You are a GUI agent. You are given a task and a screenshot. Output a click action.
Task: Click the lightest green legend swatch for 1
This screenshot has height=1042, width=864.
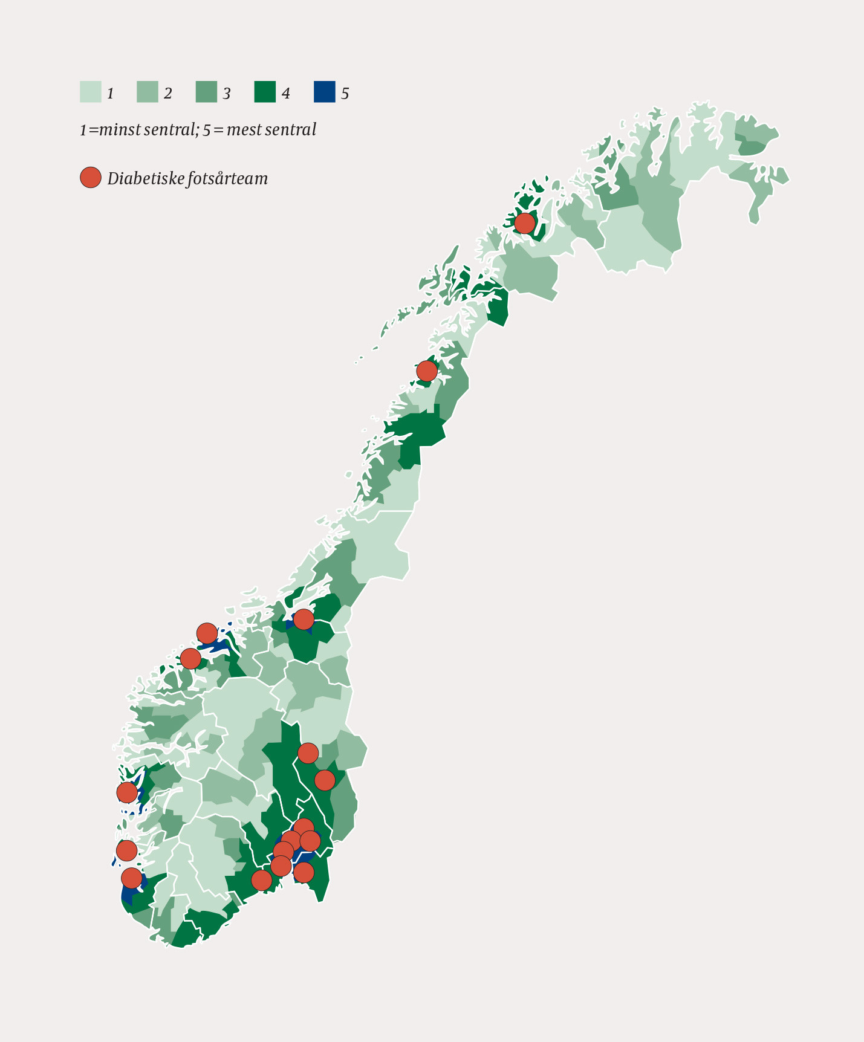pos(90,92)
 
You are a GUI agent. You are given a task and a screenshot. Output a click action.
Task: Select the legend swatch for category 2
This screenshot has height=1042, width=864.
pos(147,92)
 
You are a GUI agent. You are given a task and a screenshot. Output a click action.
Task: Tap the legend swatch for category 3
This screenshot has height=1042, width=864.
pos(206,92)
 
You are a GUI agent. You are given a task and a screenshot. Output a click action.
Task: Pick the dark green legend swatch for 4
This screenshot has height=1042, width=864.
pos(265,92)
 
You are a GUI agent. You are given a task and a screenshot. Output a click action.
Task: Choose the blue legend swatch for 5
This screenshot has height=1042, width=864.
pos(324,92)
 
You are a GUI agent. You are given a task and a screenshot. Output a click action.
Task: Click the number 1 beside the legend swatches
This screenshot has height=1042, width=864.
pos(110,94)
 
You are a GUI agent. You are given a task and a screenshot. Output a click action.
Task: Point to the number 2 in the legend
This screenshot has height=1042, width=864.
pos(167,94)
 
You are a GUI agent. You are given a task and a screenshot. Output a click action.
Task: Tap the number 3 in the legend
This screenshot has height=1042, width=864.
pos(227,94)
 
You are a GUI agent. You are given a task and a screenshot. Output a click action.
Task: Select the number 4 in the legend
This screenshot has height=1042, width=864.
pos(285,94)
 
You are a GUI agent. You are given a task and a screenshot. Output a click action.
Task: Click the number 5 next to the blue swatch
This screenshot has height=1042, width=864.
pos(345,94)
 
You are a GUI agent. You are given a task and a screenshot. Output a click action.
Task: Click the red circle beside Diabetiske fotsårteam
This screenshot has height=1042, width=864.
pos(91,178)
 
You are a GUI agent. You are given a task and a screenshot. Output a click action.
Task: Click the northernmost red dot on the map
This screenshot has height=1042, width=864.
pos(524,223)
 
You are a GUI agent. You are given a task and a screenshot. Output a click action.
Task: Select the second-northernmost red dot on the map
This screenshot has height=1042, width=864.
pos(427,371)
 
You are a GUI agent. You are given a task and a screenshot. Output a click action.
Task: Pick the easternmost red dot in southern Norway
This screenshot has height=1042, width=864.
pos(325,780)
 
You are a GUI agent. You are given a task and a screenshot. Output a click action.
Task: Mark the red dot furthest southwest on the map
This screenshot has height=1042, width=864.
pos(131,878)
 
